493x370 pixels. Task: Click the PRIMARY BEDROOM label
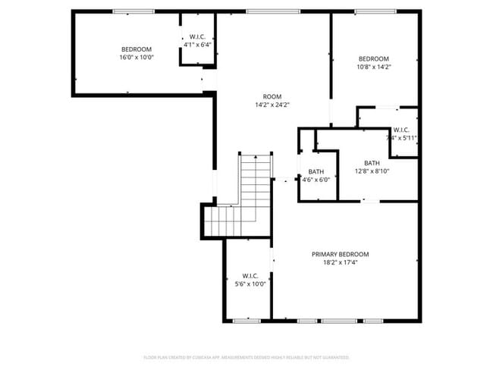point(340,254)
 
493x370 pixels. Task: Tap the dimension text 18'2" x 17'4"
point(340,262)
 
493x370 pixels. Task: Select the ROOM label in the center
point(272,96)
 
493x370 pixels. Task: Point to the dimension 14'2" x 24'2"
point(272,105)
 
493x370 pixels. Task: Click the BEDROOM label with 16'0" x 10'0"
point(137,49)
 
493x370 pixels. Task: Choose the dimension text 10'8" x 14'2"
point(373,67)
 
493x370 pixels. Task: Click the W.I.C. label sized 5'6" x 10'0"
point(250,275)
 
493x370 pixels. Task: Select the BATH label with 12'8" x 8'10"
point(372,163)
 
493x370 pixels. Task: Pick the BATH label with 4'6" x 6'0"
point(316,172)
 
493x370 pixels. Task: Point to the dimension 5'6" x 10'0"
point(250,284)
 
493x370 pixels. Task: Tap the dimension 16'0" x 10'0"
point(137,58)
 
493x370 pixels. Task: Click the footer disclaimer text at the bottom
point(246,356)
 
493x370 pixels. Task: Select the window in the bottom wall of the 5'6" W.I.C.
point(246,321)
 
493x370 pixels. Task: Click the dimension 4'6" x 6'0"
point(316,180)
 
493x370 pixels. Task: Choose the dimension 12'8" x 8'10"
point(372,171)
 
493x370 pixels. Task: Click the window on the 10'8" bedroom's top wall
point(369,11)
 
